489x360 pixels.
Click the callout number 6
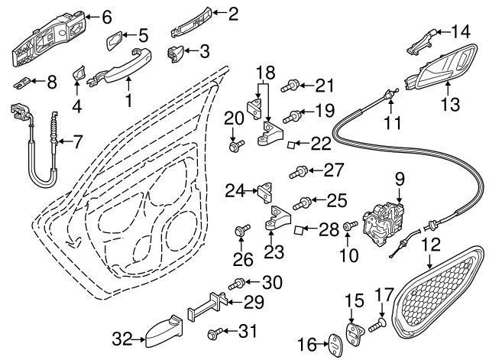click(x=106, y=16)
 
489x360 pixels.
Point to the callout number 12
click(x=432, y=245)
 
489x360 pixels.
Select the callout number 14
click(x=460, y=32)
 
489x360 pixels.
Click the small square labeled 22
click(x=292, y=144)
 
